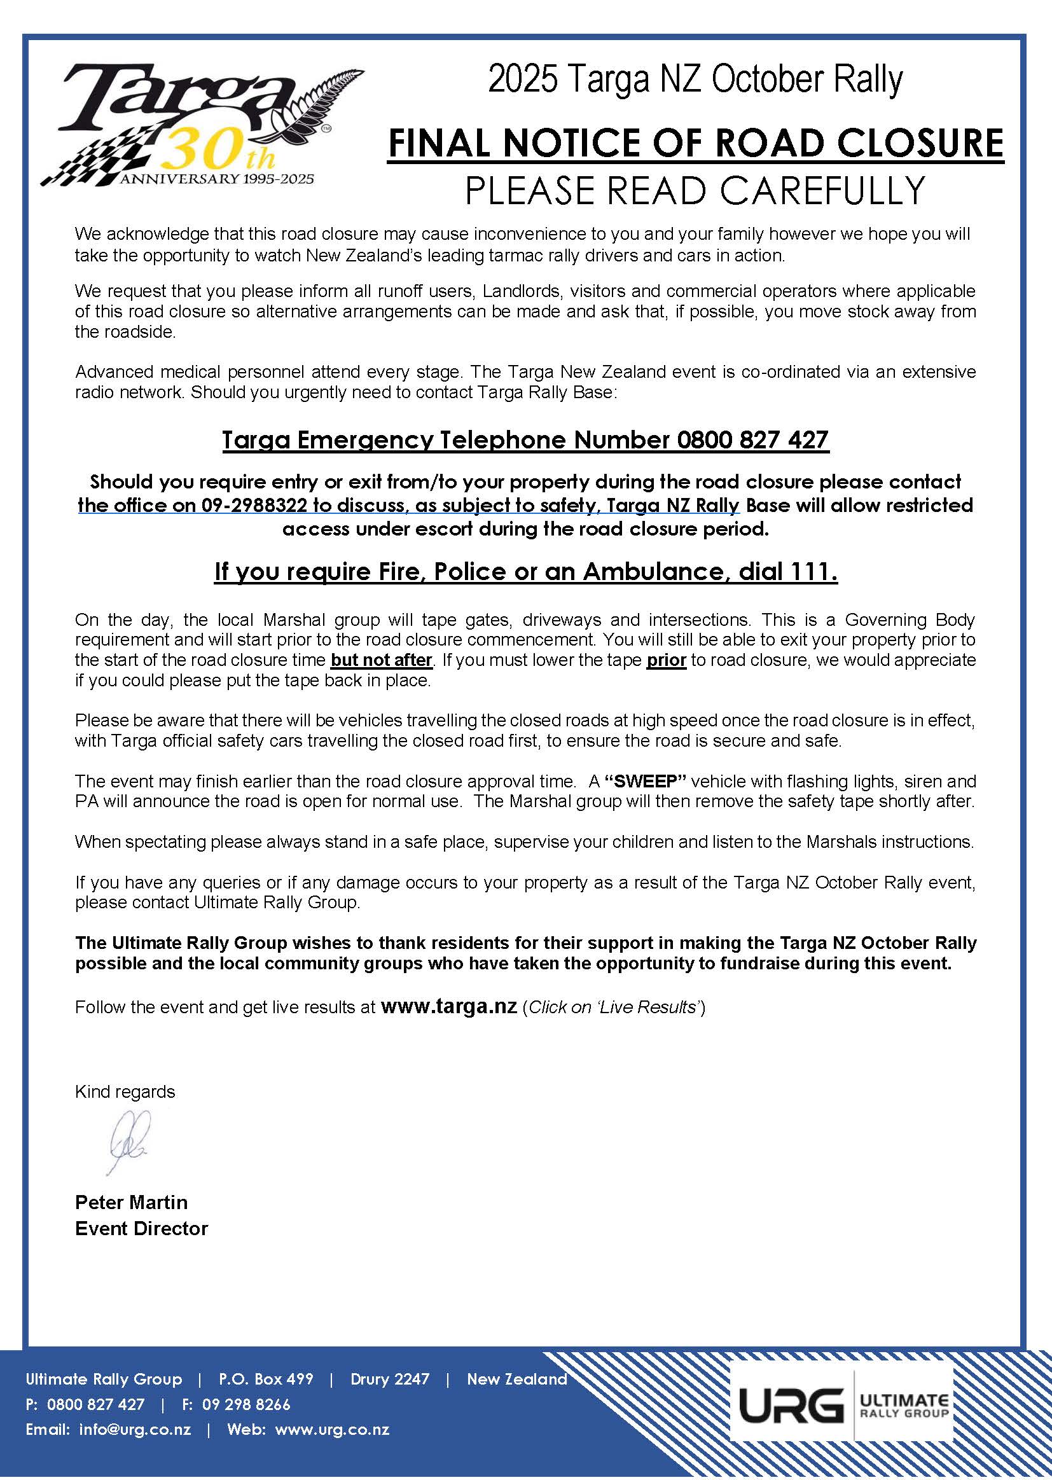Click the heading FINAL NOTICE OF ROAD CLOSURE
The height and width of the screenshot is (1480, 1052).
click(x=695, y=144)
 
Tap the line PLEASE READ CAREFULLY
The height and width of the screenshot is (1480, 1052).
click(x=695, y=190)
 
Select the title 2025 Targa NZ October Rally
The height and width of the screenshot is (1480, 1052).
click(x=695, y=80)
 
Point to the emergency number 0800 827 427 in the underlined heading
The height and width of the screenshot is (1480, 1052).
click(x=752, y=440)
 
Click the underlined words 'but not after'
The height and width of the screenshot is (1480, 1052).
click(x=381, y=660)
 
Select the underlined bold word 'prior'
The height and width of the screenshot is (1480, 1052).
click(x=666, y=660)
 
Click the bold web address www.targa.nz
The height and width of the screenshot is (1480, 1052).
click(x=449, y=1007)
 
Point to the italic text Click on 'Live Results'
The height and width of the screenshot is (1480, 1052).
click(x=614, y=1007)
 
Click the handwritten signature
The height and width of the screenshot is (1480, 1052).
click(x=130, y=1141)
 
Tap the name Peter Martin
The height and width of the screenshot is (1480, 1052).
click(x=132, y=1203)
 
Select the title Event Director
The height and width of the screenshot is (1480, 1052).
click(x=141, y=1229)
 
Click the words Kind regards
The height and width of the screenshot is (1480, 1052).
click(x=125, y=1092)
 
